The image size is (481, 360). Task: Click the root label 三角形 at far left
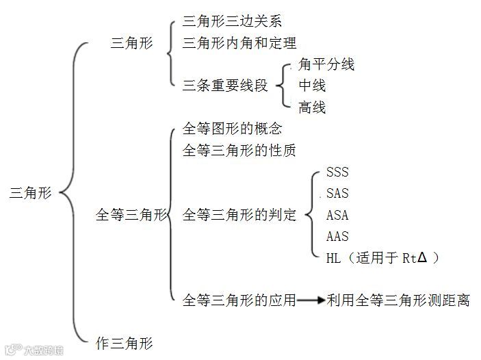(29, 193)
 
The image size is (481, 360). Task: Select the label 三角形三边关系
(233, 21)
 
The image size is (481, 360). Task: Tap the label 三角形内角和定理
(239, 42)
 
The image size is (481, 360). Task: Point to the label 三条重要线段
(226, 86)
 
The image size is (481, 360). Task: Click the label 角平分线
(326, 64)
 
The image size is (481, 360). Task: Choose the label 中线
(312, 86)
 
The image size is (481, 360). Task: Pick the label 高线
(312, 107)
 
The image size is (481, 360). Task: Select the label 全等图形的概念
(233, 128)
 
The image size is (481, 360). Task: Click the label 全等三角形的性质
(239, 150)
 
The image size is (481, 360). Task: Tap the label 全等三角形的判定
(239, 215)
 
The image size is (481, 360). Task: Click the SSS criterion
(337, 172)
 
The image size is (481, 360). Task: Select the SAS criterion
(337, 194)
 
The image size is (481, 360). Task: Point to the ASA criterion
(337, 215)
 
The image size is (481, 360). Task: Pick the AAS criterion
(337, 237)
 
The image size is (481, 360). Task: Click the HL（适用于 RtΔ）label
(382, 258)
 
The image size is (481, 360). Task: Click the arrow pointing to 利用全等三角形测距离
(311, 300)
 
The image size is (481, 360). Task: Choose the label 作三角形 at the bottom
(125, 342)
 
